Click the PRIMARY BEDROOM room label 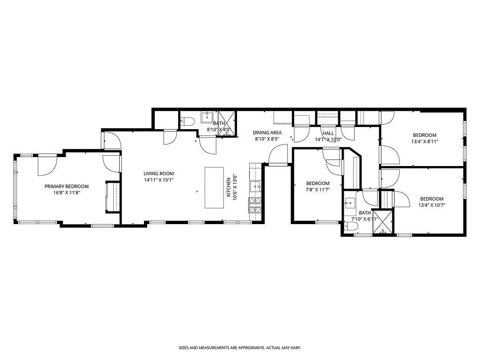point(66,186)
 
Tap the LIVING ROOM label point(158,174)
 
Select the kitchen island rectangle point(214,187)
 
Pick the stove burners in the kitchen point(255,206)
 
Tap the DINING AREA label point(267,133)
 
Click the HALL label point(328,133)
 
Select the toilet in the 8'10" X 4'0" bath point(187,121)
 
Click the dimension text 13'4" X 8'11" point(425,141)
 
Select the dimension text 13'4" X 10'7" point(431,205)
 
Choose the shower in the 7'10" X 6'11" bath point(383,222)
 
